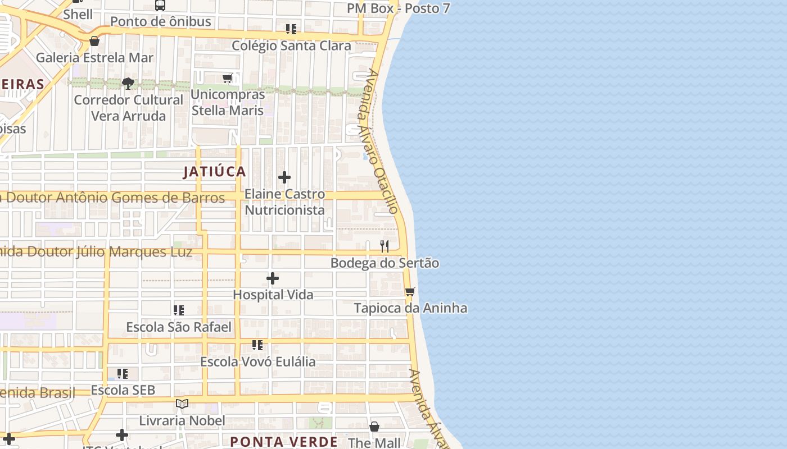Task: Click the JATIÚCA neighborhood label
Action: (x=214, y=172)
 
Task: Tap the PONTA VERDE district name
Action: (x=284, y=442)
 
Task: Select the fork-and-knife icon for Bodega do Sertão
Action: (x=385, y=246)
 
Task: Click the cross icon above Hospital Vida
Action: (x=273, y=278)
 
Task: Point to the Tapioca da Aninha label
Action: (x=410, y=308)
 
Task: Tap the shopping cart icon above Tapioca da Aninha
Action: (x=410, y=292)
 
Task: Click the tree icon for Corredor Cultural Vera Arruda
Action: (x=128, y=84)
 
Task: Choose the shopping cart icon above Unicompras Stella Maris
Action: (x=227, y=78)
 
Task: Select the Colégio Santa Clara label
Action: (x=291, y=45)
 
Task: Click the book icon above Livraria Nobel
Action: (x=182, y=404)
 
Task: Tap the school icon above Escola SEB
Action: (x=123, y=373)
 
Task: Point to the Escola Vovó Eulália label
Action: (x=258, y=361)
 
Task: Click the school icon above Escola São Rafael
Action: (x=179, y=310)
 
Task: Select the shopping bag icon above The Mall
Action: (x=374, y=427)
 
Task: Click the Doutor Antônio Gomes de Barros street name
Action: (x=112, y=198)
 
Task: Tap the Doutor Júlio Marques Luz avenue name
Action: (x=96, y=252)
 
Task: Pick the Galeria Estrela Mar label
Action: (x=94, y=58)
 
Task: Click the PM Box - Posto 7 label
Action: (x=398, y=8)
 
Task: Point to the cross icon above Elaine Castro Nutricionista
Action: (x=284, y=177)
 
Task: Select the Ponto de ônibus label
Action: (x=160, y=22)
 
